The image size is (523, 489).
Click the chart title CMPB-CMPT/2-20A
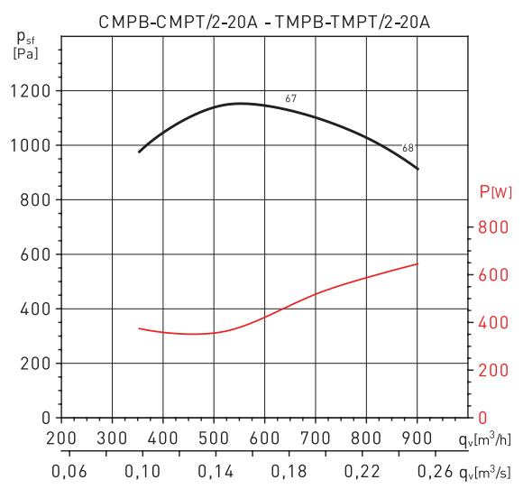176,19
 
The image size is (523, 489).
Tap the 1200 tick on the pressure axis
31,91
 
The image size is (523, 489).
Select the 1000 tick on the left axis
31,145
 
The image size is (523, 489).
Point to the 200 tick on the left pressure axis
35,364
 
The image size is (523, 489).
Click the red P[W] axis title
494,191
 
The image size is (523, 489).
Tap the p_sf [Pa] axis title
25,43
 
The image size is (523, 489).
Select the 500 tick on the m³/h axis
214,438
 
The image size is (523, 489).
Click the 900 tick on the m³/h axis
417,438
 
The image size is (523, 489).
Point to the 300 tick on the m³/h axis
112,438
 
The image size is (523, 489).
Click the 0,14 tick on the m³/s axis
213,472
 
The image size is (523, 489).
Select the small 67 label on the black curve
290,97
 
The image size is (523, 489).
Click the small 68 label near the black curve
408,148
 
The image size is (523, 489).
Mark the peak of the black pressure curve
241,103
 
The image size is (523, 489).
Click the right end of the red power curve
417,263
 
